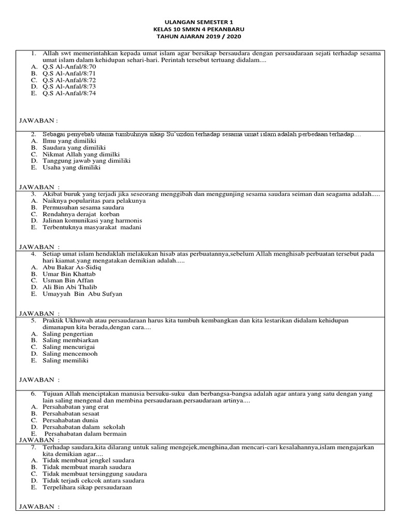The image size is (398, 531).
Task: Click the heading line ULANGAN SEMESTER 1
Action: tap(199, 22)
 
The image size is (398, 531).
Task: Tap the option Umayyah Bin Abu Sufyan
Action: tap(82, 294)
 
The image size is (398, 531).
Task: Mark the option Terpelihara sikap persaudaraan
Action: tap(88, 487)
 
